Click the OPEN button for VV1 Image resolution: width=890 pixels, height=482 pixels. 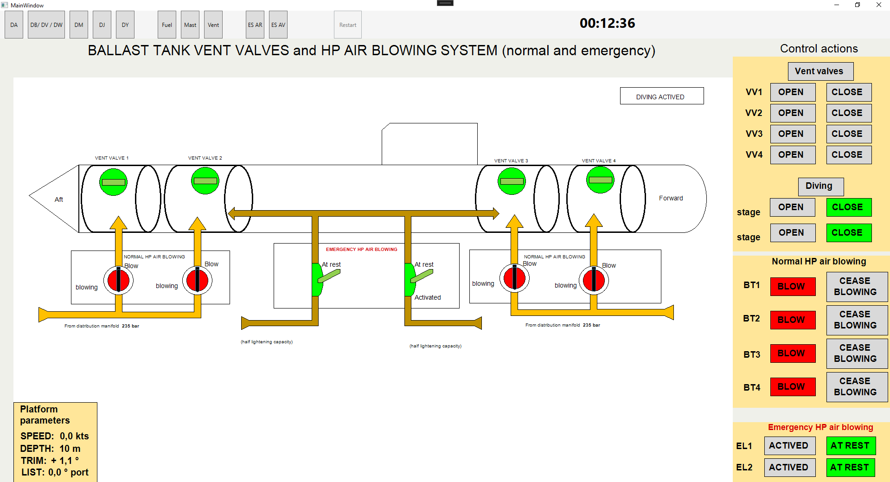793,92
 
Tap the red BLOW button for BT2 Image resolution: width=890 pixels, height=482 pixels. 793,320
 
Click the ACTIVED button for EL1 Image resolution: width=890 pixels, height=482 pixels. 789,446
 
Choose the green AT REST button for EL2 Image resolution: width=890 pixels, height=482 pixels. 851,467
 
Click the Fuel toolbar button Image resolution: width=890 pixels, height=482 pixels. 167,25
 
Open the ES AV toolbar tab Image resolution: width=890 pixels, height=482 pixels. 278,25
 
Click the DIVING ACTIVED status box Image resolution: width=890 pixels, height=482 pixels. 661,96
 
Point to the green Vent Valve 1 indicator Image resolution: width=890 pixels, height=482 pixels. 113,182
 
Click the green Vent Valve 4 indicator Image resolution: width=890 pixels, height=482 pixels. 600,180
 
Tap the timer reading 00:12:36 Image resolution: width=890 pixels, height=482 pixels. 607,23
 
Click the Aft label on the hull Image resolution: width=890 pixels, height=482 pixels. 59,199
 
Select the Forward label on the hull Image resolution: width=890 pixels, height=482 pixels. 671,198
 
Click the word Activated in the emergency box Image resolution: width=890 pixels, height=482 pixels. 428,297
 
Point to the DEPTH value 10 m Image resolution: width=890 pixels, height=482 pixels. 70,449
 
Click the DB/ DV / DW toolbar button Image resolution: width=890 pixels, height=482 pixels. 46,25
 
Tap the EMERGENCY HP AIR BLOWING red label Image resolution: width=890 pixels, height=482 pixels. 361,249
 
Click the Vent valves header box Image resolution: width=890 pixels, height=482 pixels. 820,71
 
